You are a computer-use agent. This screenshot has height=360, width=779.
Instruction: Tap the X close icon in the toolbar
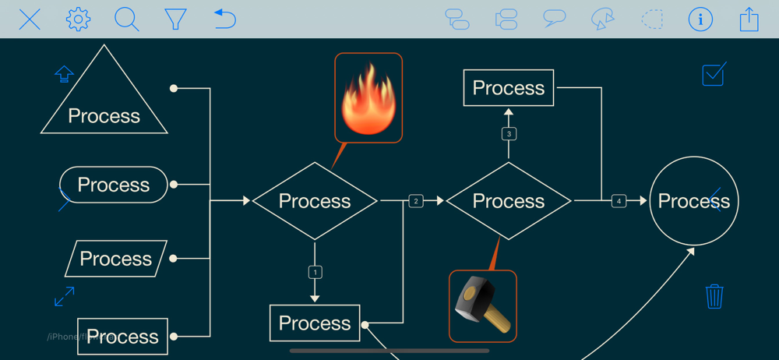click(30, 19)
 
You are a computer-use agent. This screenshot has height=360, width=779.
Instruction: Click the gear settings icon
click(78, 19)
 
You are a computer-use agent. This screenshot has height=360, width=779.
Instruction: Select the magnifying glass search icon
click(126, 19)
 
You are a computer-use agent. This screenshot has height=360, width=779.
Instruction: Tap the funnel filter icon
click(175, 19)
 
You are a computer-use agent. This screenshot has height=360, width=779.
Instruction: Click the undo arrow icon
click(224, 19)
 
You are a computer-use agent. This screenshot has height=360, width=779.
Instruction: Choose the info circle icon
click(700, 19)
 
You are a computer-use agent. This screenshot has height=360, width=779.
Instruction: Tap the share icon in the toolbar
click(749, 19)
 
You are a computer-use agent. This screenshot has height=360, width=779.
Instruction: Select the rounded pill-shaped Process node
click(114, 185)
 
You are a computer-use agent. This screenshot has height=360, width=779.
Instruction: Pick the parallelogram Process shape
click(116, 259)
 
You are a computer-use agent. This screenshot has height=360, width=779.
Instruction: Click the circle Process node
click(693, 201)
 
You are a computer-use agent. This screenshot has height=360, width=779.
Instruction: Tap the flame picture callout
click(368, 97)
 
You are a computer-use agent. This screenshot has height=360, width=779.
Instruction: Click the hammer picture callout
click(483, 305)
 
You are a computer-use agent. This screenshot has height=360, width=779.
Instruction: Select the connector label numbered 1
click(315, 272)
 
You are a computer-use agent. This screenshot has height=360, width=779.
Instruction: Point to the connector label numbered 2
click(416, 201)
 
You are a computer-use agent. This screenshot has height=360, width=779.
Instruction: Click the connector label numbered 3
click(509, 134)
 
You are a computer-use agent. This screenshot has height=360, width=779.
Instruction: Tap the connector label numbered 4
click(619, 201)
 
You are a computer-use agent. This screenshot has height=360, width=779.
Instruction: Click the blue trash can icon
click(714, 296)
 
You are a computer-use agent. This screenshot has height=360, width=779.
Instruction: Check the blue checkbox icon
click(714, 74)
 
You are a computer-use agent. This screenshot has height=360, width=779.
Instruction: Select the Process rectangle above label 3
click(509, 88)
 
